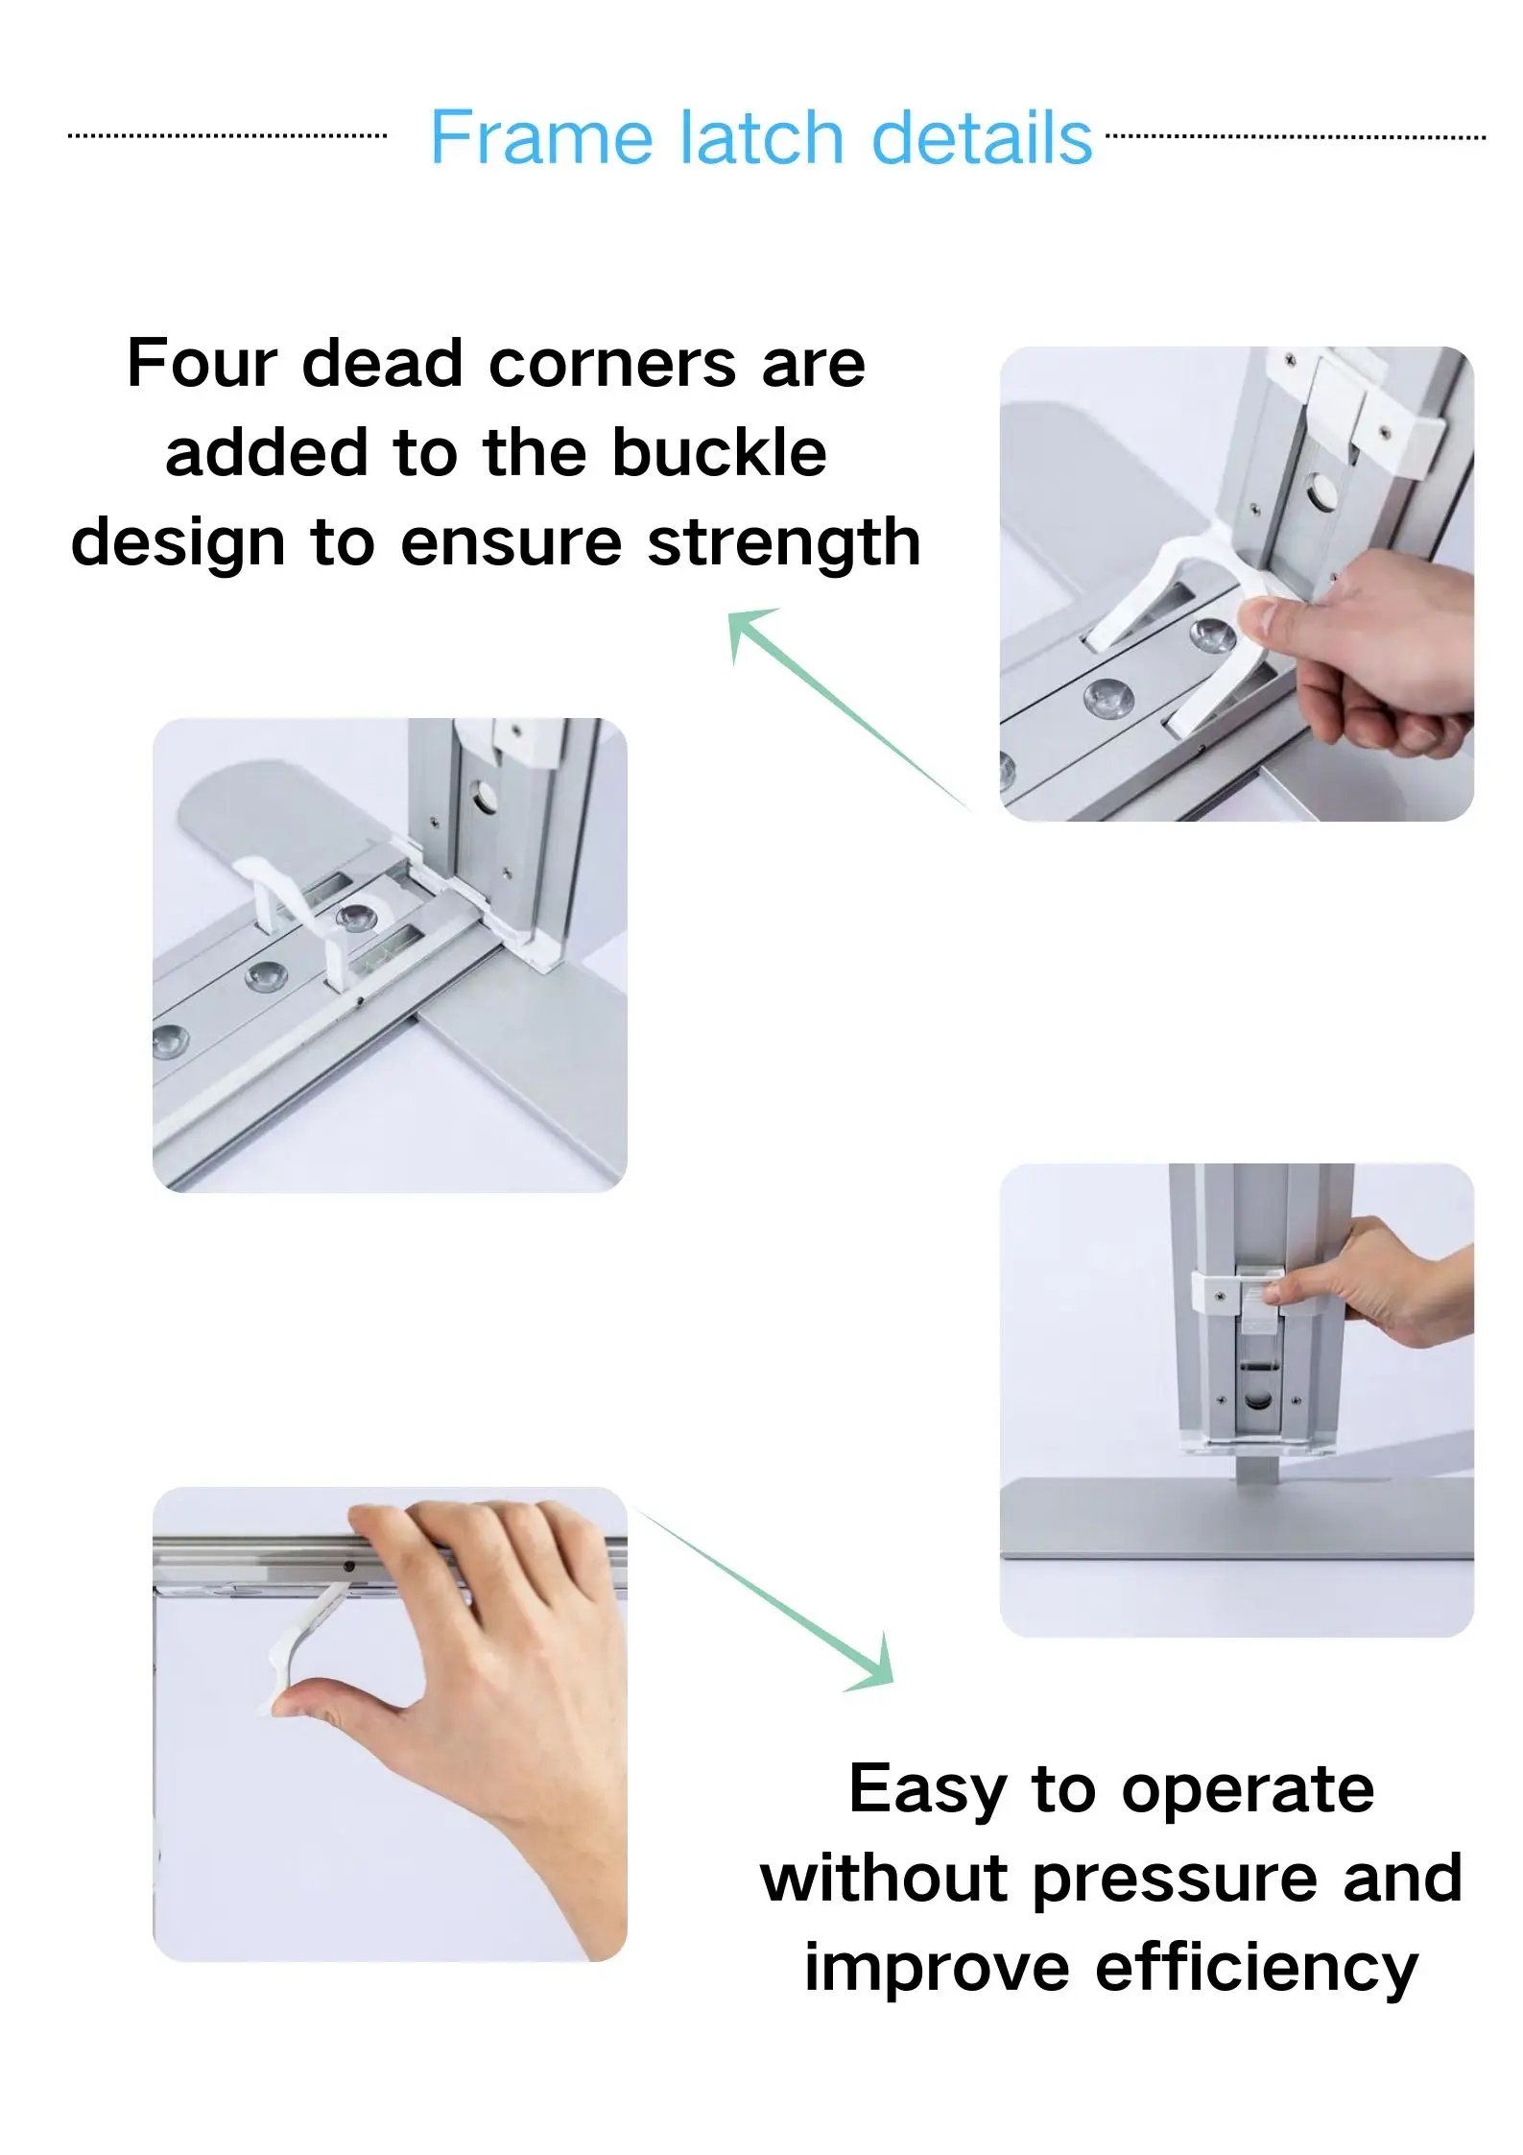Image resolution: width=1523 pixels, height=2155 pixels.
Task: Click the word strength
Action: click(784, 544)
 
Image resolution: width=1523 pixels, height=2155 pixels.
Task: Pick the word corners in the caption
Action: click(613, 365)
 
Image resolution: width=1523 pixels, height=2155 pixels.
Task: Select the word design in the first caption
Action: click(178, 544)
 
